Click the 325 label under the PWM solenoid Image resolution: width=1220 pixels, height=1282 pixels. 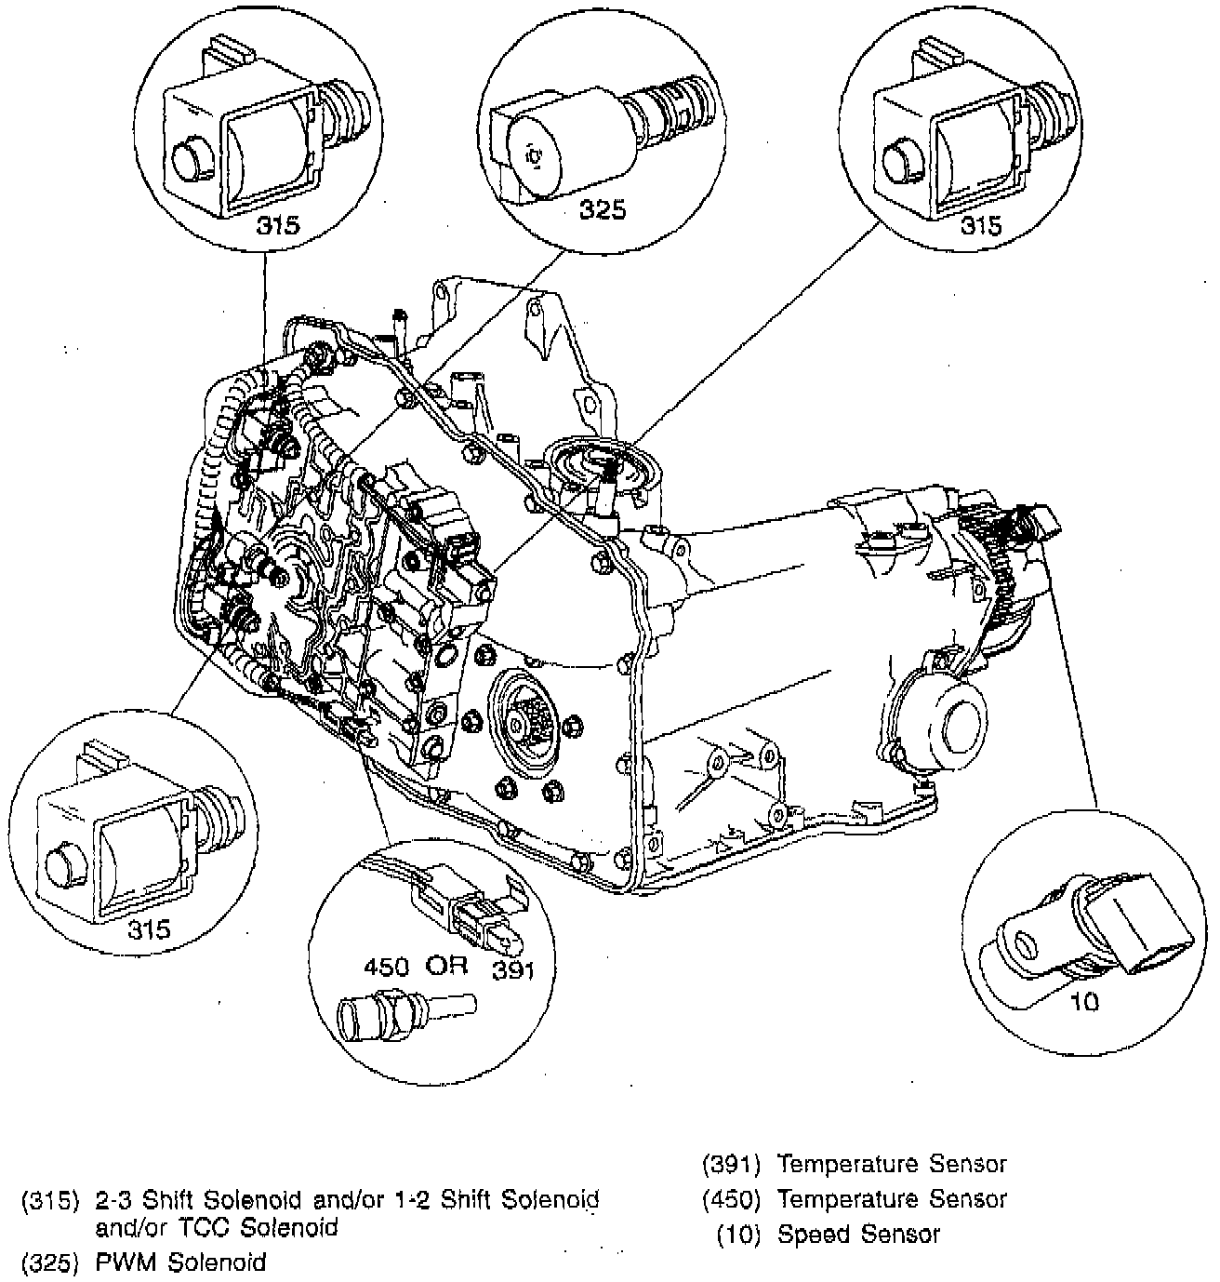click(603, 210)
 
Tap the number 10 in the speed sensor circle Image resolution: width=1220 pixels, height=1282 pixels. click(1085, 1001)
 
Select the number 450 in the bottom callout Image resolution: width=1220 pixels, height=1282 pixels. click(385, 966)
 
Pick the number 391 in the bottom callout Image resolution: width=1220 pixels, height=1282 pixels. click(511, 971)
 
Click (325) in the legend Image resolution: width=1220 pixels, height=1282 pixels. click(50, 1262)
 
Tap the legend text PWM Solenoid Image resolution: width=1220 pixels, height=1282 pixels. click(181, 1262)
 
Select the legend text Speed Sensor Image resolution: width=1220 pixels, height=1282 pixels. click(858, 1235)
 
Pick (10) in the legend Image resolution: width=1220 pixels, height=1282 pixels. click(738, 1235)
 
